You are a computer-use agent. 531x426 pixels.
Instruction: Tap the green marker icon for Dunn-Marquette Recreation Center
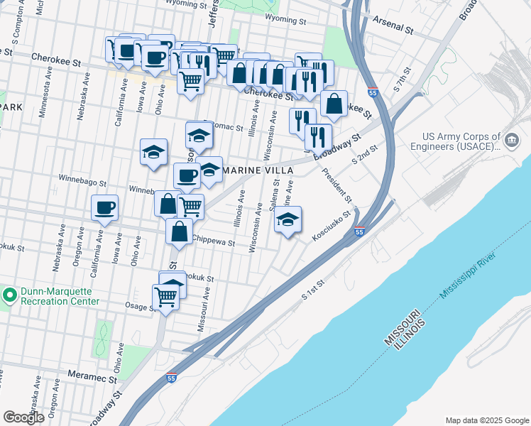(x=9, y=295)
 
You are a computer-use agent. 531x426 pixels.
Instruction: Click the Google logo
(x=24, y=417)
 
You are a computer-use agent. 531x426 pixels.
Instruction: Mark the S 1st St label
(x=313, y=288)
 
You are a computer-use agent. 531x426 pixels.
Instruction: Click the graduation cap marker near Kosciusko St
(x=288, y=219)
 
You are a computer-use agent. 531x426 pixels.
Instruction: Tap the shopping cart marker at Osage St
(x=166, y=296)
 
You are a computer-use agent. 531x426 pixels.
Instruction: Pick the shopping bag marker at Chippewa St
(x=180, y=231)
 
